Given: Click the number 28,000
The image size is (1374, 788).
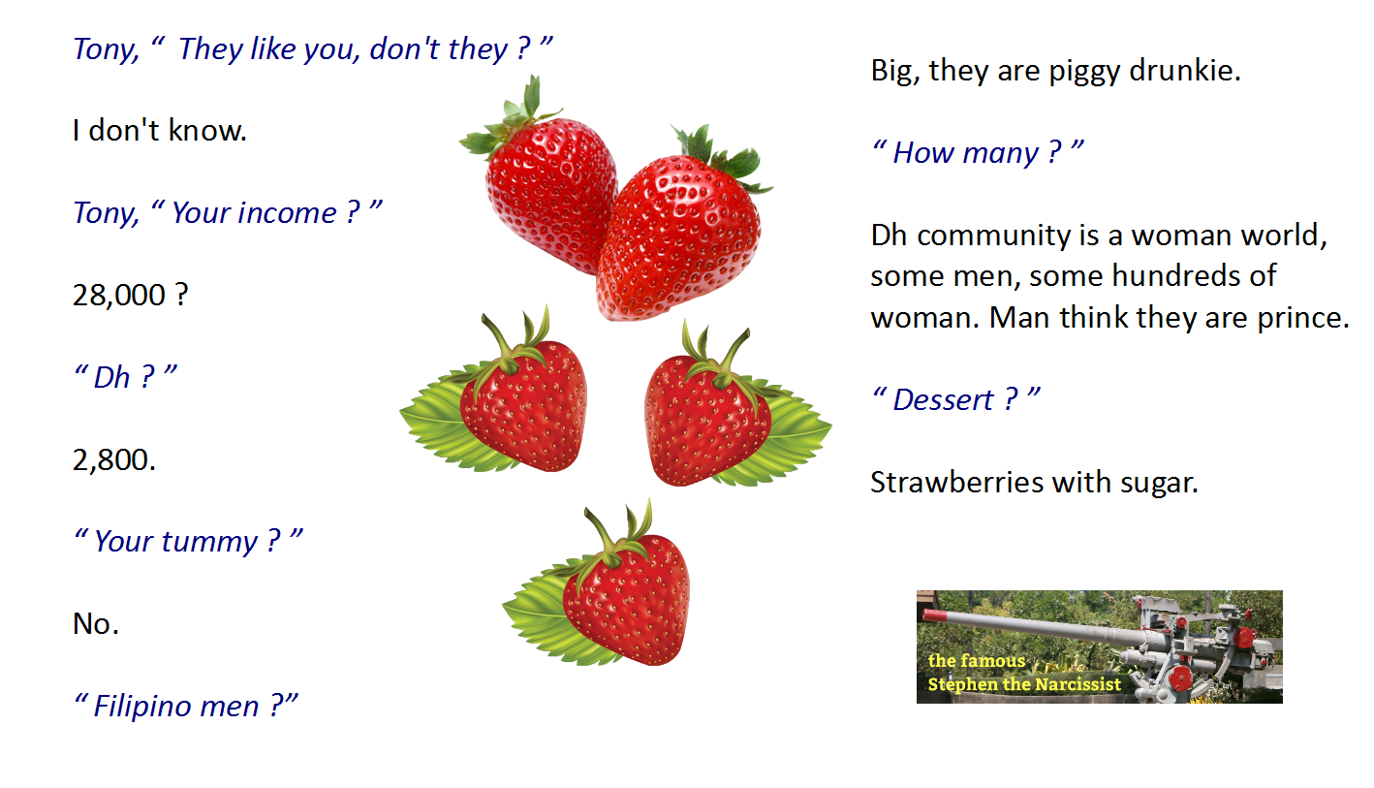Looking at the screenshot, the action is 119,296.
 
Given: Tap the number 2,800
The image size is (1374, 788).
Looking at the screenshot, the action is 114,460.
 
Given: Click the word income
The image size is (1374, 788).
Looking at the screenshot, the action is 254,213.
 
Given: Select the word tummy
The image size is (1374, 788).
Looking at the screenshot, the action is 176,542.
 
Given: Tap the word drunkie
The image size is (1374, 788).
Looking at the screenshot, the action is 1184,70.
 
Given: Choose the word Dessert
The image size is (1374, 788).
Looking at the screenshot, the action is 943,400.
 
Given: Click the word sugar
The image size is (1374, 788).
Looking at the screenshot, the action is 1159,484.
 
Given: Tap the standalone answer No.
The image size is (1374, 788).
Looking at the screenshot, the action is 96,624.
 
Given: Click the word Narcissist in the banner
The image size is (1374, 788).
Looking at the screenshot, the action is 1068,684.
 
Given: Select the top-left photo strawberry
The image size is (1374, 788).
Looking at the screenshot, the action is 540,178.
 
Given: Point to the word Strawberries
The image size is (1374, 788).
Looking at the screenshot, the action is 957,483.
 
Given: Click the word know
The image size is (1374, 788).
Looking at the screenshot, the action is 207,130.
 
